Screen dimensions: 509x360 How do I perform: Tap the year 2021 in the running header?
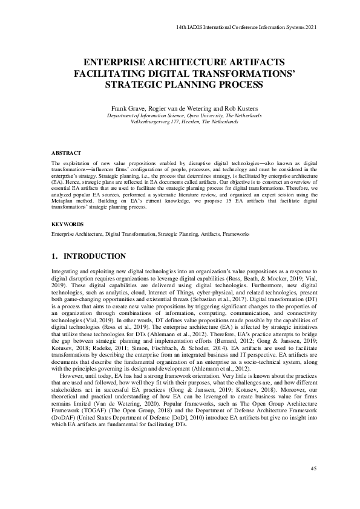click(x=310, y=27)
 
